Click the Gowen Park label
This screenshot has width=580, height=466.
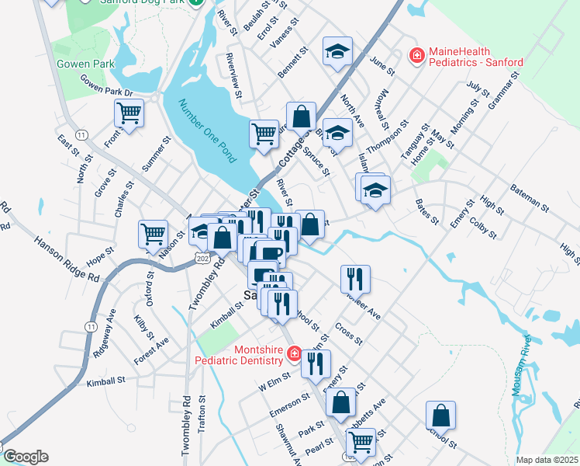(x=85, y=64)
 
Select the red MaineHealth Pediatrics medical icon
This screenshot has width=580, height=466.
(x=416, y=55)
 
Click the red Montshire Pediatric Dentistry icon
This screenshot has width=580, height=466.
(x=294, y=355)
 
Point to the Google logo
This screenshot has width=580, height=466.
(x=25, y=457)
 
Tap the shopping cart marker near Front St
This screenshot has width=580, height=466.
(x=129, y=113)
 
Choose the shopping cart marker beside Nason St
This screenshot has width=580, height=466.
(x=153, y=233)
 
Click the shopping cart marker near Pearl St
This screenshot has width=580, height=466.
(x=360, y=441)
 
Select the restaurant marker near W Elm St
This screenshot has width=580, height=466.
(x=316, y=362)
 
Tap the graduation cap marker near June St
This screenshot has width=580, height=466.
(x=337, y=52)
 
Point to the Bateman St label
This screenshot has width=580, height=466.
(x=529, y=199)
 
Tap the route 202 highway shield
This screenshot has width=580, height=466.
(x=202, y=257)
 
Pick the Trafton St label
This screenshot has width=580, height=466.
(x=202, y=415)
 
